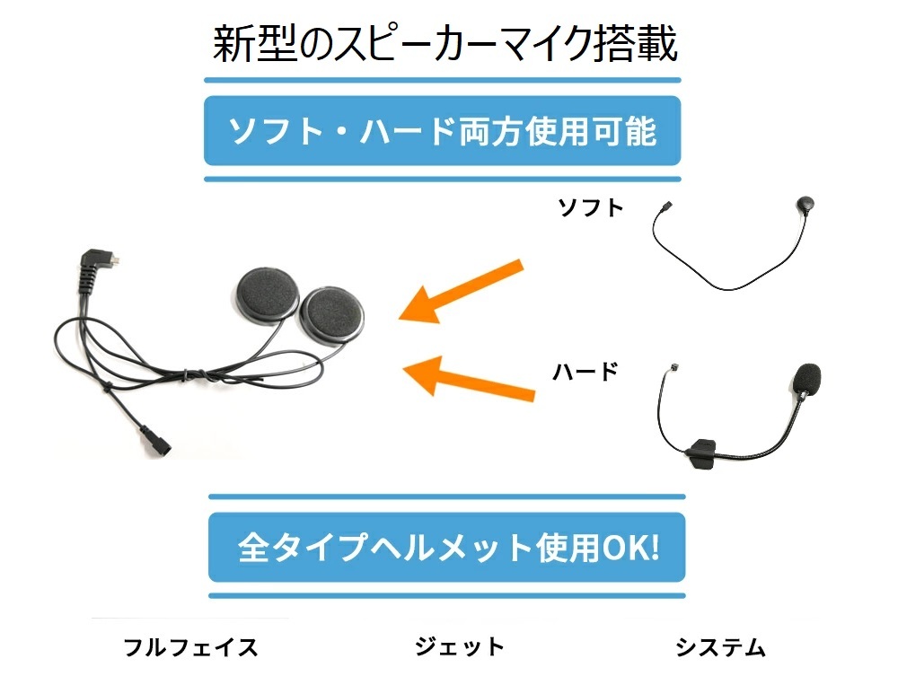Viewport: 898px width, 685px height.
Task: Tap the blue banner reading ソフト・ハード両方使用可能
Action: click(x=442, y=131)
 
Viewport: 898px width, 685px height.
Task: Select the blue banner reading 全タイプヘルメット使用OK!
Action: click(x=446, y=548)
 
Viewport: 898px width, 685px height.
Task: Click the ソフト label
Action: click(x=590, y=208)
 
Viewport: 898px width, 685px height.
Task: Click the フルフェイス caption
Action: click(x=190, y=646)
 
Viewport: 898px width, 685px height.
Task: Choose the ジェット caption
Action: click(x=460, y=646)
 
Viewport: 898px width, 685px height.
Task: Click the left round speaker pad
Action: click(x=266, y=297)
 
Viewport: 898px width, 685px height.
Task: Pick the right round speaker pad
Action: click(x=333, y=314)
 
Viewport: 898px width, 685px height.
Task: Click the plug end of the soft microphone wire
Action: click(x=666, y=210)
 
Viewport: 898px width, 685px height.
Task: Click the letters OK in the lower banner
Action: click(x=621, y=548)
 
